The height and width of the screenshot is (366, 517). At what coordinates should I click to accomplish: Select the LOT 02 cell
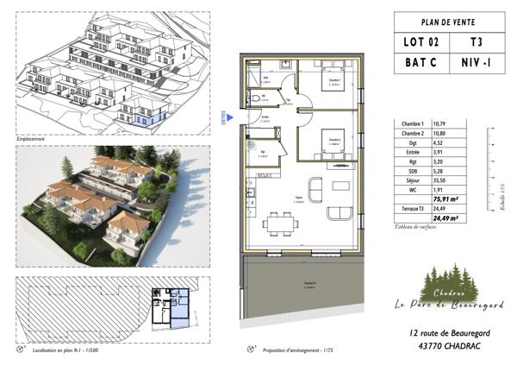[x=420, y=41]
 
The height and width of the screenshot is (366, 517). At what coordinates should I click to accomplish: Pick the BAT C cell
[x=420, y=63]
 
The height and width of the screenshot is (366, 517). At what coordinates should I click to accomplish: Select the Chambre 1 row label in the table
[x=415, y=124]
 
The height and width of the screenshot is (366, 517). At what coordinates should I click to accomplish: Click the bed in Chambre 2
[x=333, y=142]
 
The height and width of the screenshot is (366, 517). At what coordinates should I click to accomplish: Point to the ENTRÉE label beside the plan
[x=226, y=115]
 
